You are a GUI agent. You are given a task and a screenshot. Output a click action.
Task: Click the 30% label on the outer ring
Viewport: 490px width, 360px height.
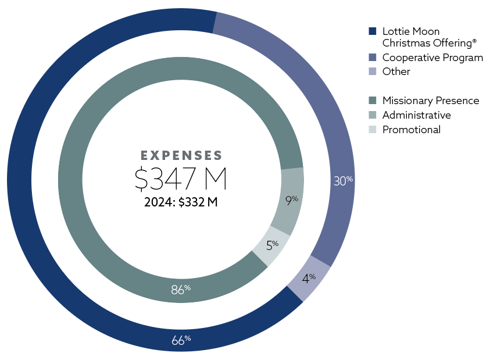click(x=342, y=181)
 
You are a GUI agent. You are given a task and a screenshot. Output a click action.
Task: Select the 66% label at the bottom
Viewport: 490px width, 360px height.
click(x=181, y=340)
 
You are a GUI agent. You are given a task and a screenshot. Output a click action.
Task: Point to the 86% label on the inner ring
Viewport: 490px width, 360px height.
click(x=181, y=289)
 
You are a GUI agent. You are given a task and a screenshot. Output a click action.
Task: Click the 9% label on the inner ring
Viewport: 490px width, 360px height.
click(x=291, y=201)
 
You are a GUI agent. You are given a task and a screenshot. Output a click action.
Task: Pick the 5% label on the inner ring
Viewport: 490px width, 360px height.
click(x=272, y=244)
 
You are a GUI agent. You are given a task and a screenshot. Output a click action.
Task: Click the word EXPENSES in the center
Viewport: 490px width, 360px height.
click(x=181, y=156)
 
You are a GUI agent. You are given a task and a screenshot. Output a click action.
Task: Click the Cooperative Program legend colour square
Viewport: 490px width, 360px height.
click(x=373, y=58)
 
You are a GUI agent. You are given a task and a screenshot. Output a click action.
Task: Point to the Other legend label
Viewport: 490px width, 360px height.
click(x=396, y=72)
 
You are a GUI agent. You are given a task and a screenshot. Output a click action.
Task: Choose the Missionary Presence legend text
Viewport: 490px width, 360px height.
click(x=430, y=101)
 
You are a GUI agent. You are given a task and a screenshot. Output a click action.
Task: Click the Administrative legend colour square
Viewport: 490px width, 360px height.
click(x=373, y=115)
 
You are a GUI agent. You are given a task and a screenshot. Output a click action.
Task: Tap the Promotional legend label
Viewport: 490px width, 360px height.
click(x=411, y=130)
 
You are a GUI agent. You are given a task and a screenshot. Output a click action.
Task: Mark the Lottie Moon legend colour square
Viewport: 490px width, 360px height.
click(x=373, y=31)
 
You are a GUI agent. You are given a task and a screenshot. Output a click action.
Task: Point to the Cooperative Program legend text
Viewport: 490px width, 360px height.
click(x=432, y=58)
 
